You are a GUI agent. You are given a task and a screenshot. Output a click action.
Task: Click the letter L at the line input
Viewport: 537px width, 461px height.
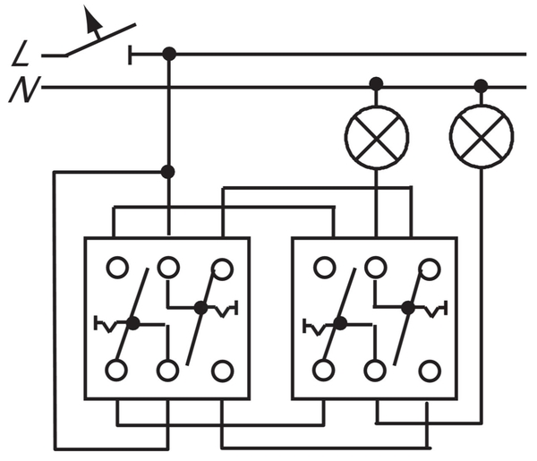[x=21, y=53]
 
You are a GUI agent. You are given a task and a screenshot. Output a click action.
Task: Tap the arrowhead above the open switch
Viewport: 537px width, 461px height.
[x=92, y=20]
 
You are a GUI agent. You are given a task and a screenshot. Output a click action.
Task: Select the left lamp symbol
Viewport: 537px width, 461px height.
[x=377, y=137]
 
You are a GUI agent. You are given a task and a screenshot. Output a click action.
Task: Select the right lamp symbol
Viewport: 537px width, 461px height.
[x=482, y=136]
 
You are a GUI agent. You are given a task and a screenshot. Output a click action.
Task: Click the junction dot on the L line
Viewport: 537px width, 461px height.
[x=169, y=54]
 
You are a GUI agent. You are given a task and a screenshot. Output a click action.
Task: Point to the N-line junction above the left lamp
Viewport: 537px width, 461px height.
[x=376, y=83]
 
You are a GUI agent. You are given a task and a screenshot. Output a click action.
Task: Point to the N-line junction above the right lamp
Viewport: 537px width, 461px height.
[x=481, y=86]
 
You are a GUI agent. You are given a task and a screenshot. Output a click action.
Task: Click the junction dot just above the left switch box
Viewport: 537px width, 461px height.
[x=168, y=172]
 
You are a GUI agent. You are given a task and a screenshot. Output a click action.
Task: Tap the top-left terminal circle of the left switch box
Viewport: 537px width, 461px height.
[x=117, y=267]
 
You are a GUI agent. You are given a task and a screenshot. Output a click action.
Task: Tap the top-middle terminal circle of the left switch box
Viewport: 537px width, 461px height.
[x=168, y=267]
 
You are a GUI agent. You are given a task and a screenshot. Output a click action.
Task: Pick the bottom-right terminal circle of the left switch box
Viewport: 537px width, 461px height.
[x=223, y=371]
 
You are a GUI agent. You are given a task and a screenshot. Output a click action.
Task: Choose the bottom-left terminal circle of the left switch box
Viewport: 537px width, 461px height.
[x=116, y=370]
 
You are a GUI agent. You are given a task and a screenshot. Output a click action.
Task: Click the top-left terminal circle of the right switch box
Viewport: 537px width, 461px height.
[x=324, y=267]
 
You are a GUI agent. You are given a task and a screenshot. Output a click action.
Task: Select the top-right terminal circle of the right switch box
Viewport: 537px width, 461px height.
[x=430, y=269]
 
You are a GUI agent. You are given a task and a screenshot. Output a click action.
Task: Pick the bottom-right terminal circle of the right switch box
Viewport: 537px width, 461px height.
[x=430, y=371]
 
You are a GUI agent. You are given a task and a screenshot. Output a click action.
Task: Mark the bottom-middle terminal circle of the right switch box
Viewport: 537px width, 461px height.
[x=376, y=371]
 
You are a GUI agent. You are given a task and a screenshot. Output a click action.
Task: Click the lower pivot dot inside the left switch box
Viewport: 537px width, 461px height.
[x=132, y=323]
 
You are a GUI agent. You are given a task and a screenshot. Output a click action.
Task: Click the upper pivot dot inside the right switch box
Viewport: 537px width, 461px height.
[x=408, y=308]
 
